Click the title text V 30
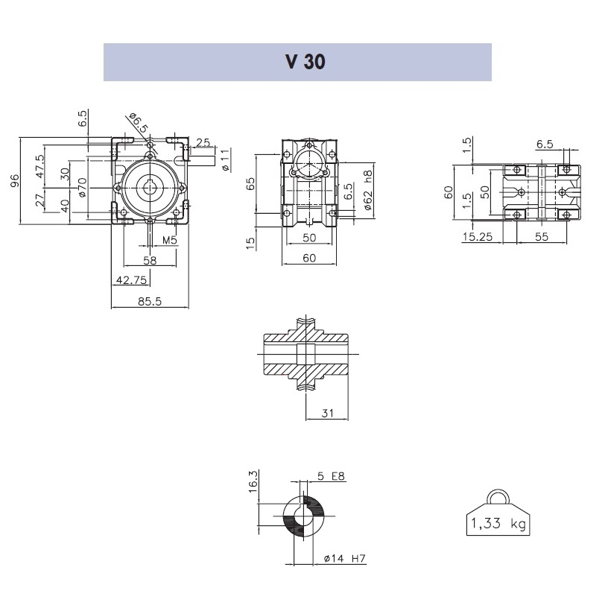coord(305,63)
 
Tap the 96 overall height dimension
coord(14,180)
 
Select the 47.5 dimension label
coord(40,163)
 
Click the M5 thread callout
coord(169,240)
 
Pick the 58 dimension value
coord(150,259)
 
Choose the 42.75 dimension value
coord(130,279)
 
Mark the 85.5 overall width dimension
coord(152,302)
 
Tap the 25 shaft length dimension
coord(203,142)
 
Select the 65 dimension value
coord(251,184)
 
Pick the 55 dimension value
coord(541,237)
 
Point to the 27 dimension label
coord(40,200)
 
